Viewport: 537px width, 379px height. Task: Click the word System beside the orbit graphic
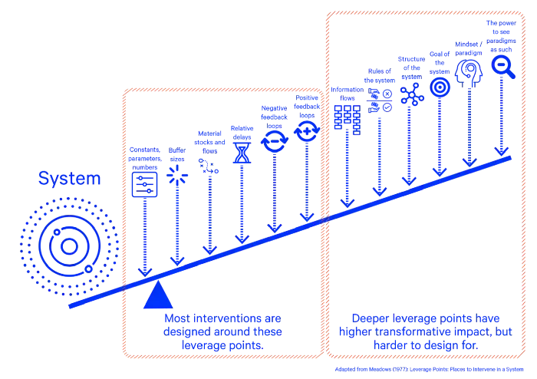(x=69, y=180)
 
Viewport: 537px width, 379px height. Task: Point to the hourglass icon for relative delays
(x=242, y=153)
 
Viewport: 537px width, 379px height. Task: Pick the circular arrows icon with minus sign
(x=274, y=141)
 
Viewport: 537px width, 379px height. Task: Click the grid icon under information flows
(x=347, y=120)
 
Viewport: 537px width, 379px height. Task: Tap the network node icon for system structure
(x=410, y=94)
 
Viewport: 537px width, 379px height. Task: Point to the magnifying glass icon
(x=503, y=66)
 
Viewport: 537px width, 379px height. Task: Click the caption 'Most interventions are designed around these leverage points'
(x=223, y=331)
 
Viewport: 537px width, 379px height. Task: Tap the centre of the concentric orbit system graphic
(x=69, y=246)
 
